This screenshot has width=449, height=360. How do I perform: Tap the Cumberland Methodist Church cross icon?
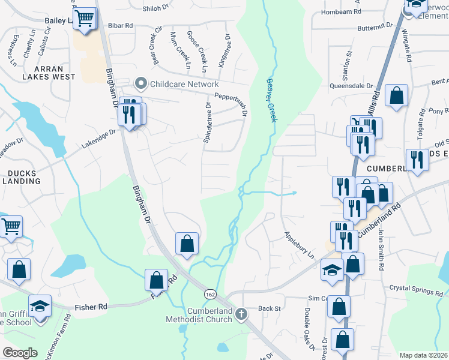pyautogui.click(x=241, y=313)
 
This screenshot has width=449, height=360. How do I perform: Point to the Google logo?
pyautogui.click(x=20, y=353)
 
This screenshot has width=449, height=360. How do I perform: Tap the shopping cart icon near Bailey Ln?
pyautogui.click(x=85, y=18)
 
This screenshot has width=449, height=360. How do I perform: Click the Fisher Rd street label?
pyautogui.click(x=91, y=307)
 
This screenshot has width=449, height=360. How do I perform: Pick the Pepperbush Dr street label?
pyautogui.click(x=231, y=97)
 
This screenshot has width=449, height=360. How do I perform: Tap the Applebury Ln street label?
pyautogui.click(x=299, y=245)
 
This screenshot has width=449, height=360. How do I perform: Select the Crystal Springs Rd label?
pyautogui.click(x=415, y=290)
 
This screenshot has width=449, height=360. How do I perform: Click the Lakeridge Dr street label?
pyautogui.click(x=99, y=140)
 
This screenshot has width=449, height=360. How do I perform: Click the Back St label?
pyautogui.click(x=269, y=308)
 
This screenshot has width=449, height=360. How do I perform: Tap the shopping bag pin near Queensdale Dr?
pyautogui.click(x=396, y=95)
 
